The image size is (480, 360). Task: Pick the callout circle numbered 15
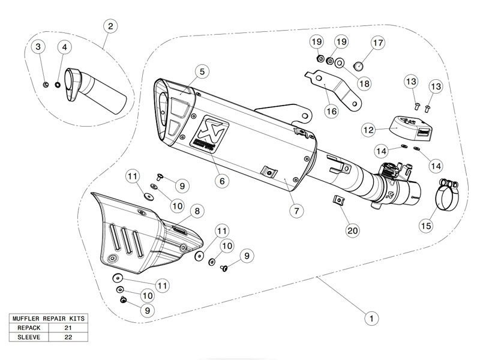coord(425,226)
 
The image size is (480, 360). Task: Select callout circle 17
coord(377,43)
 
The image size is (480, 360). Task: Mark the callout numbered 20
coord(352,230)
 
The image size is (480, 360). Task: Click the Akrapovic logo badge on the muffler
coord(206,131)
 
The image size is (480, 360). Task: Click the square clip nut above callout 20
coord(340,200)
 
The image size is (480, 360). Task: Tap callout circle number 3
coord(38,46)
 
